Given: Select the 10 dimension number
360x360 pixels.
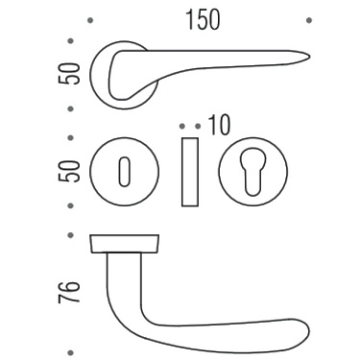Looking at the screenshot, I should click(x=215, y=126).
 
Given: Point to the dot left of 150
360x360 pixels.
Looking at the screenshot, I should click(x=89, y=18).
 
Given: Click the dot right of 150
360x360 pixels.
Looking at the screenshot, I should click(x=308, y=18).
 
